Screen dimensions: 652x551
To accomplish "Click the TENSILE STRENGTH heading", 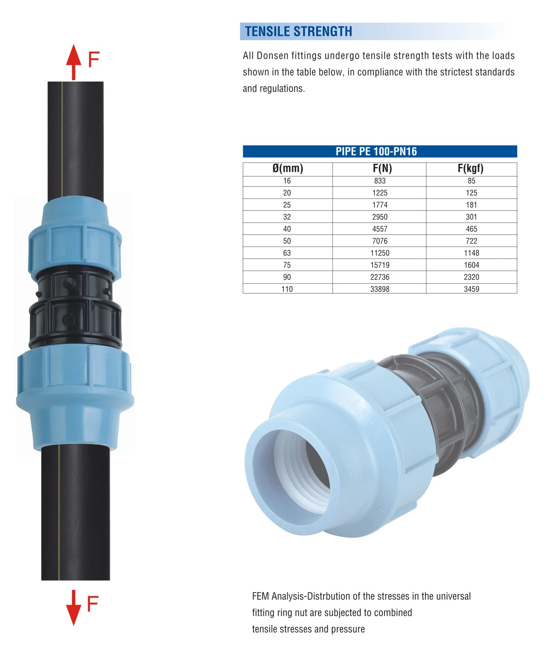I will (298, 32).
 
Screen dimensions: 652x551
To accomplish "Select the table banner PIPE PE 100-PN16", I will (376, 151).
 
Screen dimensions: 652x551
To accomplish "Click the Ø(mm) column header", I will (288, 169).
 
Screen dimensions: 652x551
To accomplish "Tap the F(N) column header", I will (382, 169).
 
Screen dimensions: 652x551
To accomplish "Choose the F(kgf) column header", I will (470, 169).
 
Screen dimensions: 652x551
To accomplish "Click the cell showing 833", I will (380, 181).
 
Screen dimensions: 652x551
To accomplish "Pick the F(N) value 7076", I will (380, 241).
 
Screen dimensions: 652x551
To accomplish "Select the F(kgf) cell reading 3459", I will (471, 289).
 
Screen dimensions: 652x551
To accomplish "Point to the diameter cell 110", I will (287, 289).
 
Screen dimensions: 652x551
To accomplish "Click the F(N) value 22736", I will (380, 277).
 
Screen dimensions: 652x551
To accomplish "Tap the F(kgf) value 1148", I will (471, 253).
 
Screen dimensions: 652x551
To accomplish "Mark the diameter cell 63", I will (287, 253).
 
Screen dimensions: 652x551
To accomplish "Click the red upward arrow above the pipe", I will (74, 61).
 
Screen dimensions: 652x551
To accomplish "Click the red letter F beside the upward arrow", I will (94, 60).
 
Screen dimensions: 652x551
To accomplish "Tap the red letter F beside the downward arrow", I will (92, 604).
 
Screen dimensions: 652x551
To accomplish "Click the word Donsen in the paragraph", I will (272, 56).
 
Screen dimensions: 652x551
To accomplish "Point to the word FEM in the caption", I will (261, 596).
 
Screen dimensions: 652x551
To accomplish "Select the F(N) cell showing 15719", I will (380, 265).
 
